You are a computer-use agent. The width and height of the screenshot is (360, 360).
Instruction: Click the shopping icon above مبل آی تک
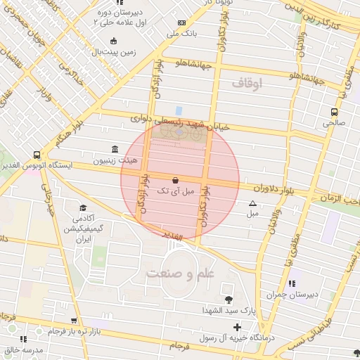[175, 180]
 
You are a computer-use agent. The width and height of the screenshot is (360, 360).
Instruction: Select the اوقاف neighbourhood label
[245, 84]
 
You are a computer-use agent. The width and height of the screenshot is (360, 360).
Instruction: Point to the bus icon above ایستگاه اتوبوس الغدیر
[37, 155]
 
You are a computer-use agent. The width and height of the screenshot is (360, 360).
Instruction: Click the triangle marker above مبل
[252, 204]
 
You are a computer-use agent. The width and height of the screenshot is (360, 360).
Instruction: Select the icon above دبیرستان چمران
[292, 284]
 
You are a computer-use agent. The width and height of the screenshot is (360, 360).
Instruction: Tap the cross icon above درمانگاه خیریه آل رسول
[237, 327]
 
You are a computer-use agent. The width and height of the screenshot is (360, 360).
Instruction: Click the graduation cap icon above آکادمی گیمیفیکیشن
[83, 208]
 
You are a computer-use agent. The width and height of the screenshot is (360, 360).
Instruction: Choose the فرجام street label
[181, 346]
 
